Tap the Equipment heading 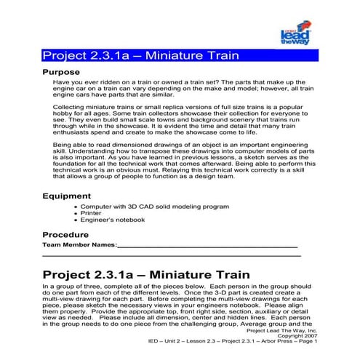pyautogui.click(x=66, y=196)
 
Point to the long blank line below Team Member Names pyautogui.click(x=172, y=256)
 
